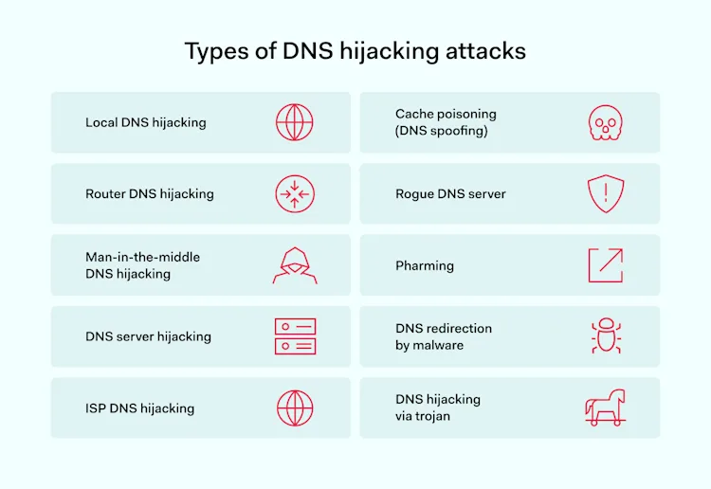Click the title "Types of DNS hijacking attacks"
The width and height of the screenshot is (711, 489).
coord(355,51)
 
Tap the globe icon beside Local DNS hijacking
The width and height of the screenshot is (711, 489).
coord(295,122)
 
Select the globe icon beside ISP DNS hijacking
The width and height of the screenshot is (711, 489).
coord(295,407)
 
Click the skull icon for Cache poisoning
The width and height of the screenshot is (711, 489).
coord(604,122)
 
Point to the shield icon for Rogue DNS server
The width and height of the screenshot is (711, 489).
coord(604,193)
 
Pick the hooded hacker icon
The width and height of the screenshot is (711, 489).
coord(294,265)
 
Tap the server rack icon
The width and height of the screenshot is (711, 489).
coord(295,336)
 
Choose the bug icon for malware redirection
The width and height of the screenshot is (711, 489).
coord(604,335)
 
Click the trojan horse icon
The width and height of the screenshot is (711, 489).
coord(605,407)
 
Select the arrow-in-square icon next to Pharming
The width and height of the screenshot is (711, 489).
coord(605,265)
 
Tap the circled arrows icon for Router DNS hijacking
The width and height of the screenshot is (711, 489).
coord(295,193)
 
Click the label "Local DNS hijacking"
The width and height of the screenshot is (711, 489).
coord(145,122)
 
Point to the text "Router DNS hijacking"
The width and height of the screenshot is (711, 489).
coord(150,193)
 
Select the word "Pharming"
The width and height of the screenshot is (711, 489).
coord(425,265)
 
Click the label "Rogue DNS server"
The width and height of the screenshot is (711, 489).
coord(450,193)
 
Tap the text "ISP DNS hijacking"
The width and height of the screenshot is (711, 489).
coord(139,408)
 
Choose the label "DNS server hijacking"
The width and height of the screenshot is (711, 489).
coord(148,336)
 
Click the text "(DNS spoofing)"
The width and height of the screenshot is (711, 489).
coord(442,131)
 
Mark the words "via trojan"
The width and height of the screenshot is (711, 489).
coord(423,416)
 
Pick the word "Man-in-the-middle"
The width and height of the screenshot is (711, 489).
coord(142,257)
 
